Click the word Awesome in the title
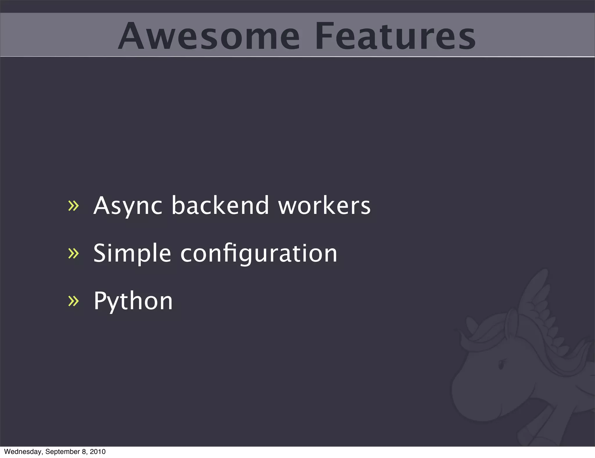coord(209,36)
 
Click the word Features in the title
coord(395,36)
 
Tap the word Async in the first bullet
coord(128,206)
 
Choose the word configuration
coord(259,253)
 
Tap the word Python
coord(133,301)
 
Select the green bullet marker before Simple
coord(73,253)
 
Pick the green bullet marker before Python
coord(73,301)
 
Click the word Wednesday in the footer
coord(23,452)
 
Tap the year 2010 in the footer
coord(98,452)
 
